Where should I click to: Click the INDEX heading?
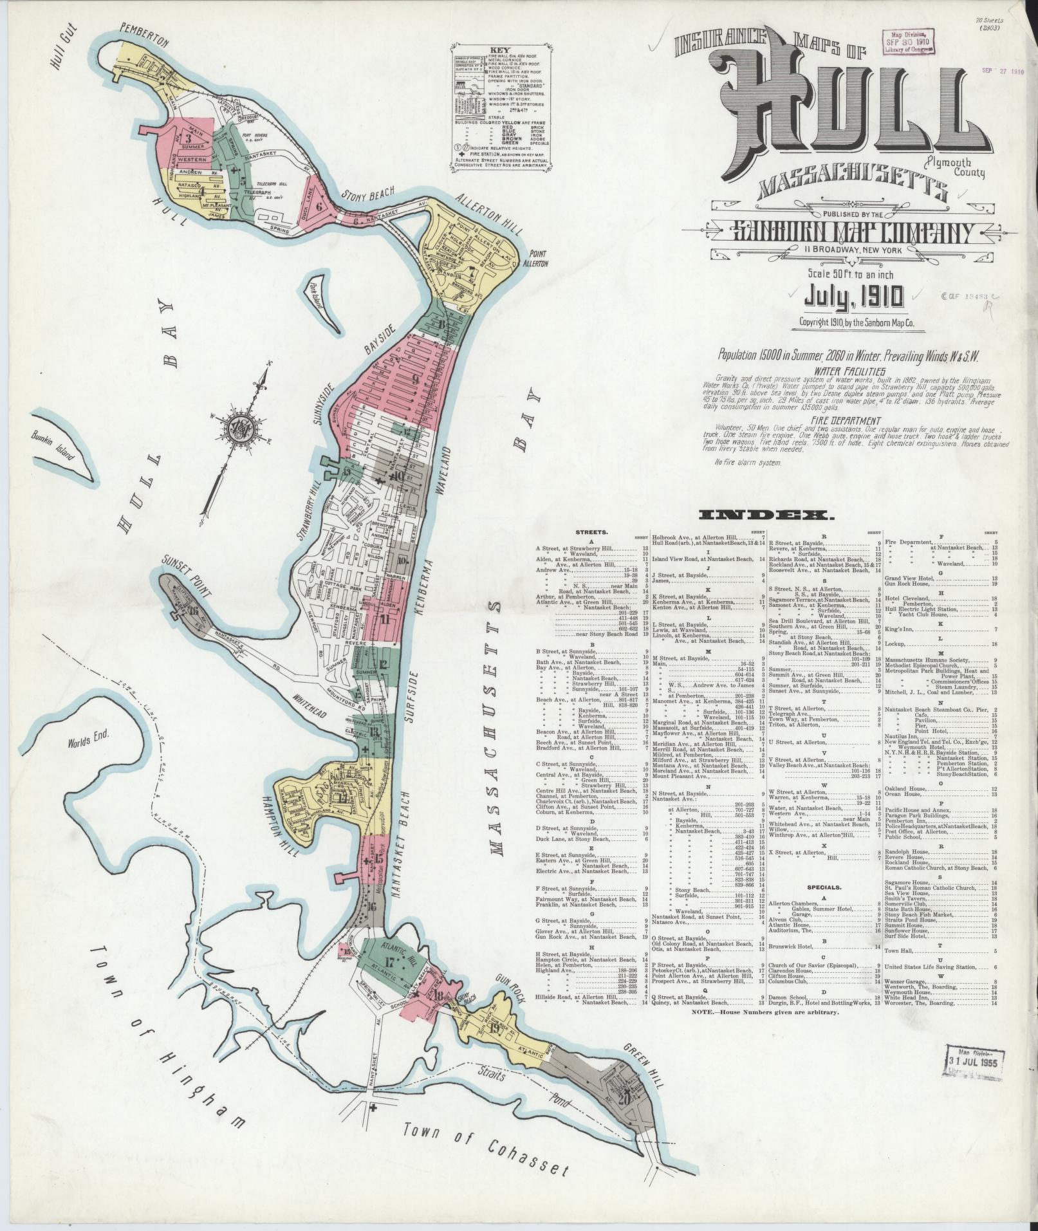[x=765, y=514]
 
